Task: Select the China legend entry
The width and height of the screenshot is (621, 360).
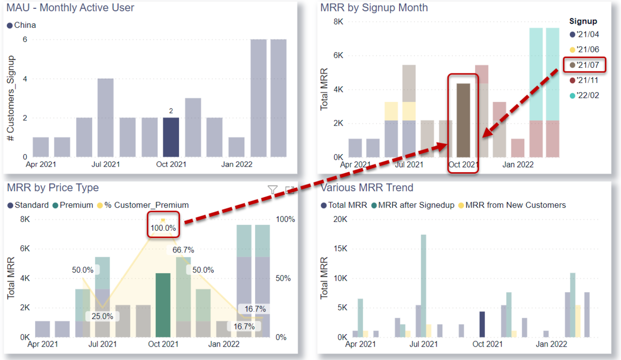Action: pyautogui.click(x=22, y=25)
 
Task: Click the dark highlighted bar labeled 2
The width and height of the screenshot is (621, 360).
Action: pyautogui.click(x=171, y=137)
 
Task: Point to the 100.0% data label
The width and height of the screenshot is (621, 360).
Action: pyautogui.click(x=164, y=228)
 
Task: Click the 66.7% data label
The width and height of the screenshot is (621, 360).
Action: pyautogui.click(x=183, y=250)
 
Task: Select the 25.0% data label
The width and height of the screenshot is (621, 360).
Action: pyautogui.click(x=102, y=316)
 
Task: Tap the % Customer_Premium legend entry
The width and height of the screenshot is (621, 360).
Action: pyautogui.click(x=146, y=205)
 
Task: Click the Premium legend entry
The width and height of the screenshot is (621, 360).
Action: pyautogui.click(x=76, y=205)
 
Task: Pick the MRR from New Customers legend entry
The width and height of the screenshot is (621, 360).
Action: pyautogui.click(x=515, y=205)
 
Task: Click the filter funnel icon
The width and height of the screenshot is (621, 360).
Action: pyautogui.click(x=273, y=190)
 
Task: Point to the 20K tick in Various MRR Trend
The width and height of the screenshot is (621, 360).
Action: pyautogui.click(x=339, y=219)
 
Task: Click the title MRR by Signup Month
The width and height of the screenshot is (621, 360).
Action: pyautogui.click(x=374, y=8)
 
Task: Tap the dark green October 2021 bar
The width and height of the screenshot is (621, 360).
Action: pyautogui.click(x=164, y=305)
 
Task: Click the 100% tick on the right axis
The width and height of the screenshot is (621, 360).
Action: pyautogui.click(x=285, y=219)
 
